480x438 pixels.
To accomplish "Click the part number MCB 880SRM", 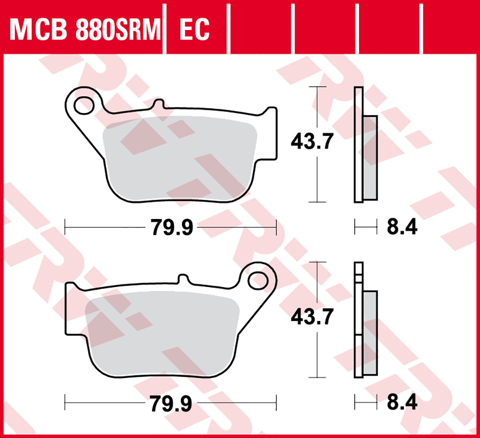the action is pos(85,30).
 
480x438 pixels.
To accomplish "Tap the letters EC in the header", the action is pos(195,30).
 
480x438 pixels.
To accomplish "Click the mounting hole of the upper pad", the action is pos(84,106).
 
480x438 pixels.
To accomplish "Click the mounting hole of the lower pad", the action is pos(258,280).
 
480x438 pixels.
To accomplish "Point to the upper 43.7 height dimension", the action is pos(312,142).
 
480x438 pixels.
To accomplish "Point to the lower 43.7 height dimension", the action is pos(312,317).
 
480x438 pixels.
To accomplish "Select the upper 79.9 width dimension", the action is pos(172,227).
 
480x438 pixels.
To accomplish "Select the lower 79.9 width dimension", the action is pos(171,403).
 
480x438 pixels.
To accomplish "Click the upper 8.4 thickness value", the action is pos(402,227).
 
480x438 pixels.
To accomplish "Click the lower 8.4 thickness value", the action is pos(402,402).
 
